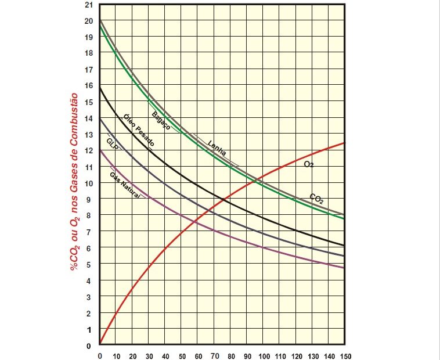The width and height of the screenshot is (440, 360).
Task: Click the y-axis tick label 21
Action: tap(89, 5)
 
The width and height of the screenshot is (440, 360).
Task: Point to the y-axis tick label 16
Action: tap(89, 85)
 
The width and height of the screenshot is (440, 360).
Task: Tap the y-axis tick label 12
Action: tap(89, 150)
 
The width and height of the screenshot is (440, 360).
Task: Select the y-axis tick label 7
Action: tap(89, 232)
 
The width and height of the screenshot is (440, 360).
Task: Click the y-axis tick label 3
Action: tap(89, 297)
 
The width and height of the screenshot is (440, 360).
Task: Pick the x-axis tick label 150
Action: tap(345, 356)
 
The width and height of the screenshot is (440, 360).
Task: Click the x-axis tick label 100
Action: tap(264, 356)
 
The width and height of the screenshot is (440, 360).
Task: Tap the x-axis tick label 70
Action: tap(214, 356)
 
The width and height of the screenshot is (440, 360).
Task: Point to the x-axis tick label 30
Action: tap(149, 356)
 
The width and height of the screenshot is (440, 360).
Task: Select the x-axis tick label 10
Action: tap(117, 356)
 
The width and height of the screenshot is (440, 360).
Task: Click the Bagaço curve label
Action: tap(161, 120)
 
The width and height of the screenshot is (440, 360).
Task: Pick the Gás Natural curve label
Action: tap(125, 186)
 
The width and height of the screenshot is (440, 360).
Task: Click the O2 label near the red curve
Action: tap(309, 164)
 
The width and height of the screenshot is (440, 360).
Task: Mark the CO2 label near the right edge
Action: tap(317, 199)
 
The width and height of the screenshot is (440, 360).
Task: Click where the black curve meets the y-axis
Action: tap(100, 88)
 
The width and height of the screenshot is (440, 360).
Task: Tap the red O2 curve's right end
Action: tap(344, 143)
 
